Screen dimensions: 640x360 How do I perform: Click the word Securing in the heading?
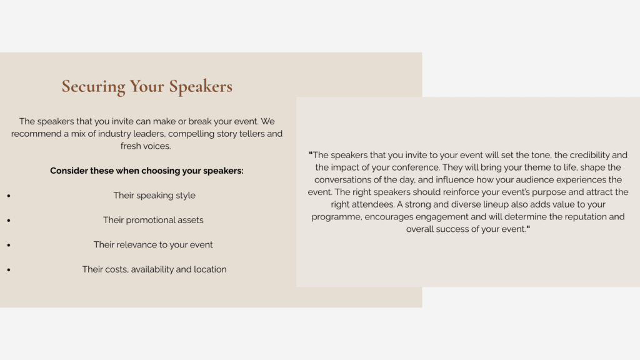pos(94,87)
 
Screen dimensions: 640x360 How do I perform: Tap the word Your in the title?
pos(147,86)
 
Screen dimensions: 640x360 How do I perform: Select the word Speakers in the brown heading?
pos(201,86)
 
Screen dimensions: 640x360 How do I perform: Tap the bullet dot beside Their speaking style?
pos(9,196)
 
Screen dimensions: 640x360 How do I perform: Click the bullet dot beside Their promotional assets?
pos(9,221)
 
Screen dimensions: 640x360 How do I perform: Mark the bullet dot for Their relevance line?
pos(9,245)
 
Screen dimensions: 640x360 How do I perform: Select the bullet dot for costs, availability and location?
pos(9,270)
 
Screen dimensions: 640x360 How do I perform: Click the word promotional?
pos(150,221)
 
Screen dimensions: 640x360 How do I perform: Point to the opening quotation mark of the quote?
pos(311,154)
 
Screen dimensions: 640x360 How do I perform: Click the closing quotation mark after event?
pos(528,227)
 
